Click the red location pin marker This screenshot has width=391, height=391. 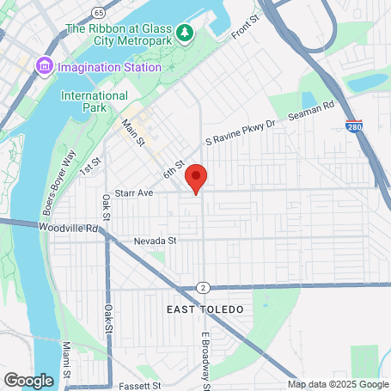pyautogui.click(x=197, y=178)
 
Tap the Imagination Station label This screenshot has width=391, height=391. pyautogui.click(x=110, y=67)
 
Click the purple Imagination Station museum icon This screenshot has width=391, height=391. pyautogui.click(x=44, y=66)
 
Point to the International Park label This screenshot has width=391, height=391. pyautogui.click(x=95, y=102)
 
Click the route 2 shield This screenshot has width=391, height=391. pyautogui.click(x=201, y=287)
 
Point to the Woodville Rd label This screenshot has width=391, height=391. pyautogui.click(x=70, y=229)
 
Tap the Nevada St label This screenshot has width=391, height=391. pyautogui.click(x=155, y=241)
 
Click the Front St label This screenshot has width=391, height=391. pyautogui.click(x=245, y=30)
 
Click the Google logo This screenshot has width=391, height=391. pyautogui.click(x=28, y=380)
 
